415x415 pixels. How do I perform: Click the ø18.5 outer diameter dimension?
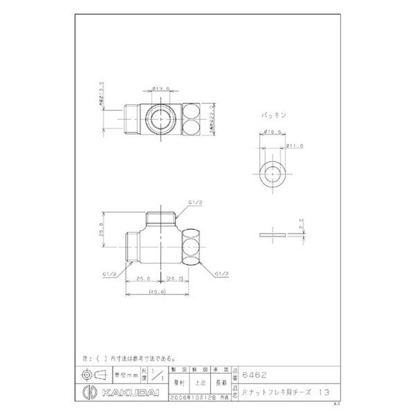point(272,133)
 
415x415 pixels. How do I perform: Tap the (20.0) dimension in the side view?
point(175,279)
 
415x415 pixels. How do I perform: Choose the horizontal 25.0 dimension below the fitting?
point(143,279)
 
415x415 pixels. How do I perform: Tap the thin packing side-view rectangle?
point(272,235)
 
